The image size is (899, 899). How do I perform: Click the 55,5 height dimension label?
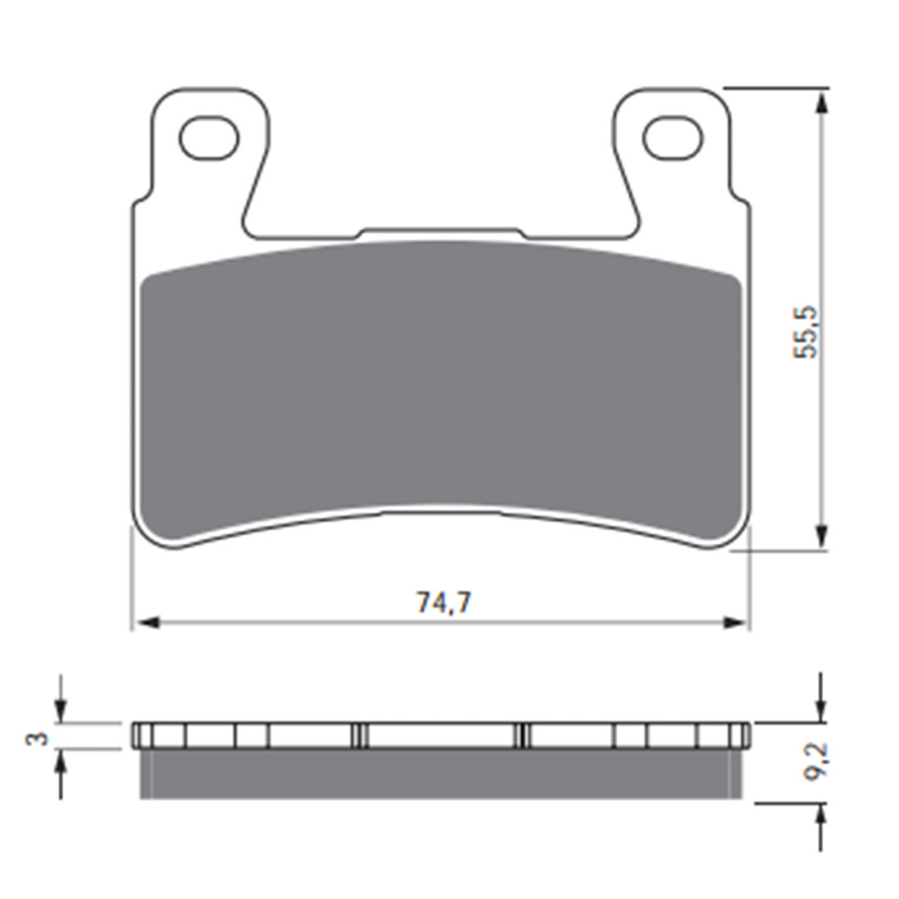click(806, 332)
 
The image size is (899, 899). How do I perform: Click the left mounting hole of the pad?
click(209, 138)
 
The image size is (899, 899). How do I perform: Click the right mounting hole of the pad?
click(672, 138)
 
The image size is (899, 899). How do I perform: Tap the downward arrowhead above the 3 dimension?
click(60, 710)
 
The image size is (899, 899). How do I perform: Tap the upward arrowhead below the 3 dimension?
click(60, 761)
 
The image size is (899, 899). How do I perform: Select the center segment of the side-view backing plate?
click(441, 735)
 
